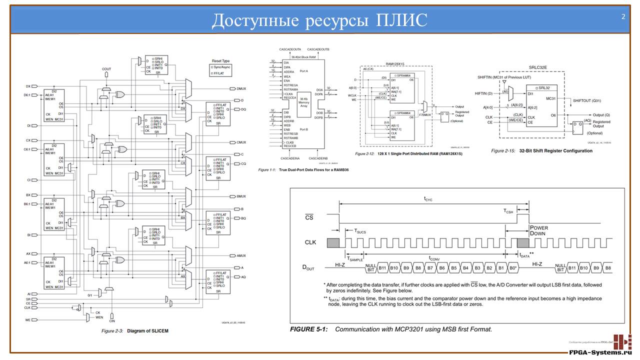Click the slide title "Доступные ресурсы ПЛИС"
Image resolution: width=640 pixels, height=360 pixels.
tap(319, 20)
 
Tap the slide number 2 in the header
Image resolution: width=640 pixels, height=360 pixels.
tap(623, 17)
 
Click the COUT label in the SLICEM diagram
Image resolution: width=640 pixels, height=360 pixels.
tap(106, 69)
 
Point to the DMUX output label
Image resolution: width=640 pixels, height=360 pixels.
tap(241, 88)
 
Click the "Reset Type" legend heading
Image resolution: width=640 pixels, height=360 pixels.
tap(221, 60)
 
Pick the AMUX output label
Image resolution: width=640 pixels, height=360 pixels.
tap(241, 255)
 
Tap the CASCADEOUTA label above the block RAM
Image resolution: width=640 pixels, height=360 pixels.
tap(290, 50)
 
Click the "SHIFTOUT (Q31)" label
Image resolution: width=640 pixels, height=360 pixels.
tap(590, 100)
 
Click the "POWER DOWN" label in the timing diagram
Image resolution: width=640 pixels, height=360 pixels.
tap(539, 231)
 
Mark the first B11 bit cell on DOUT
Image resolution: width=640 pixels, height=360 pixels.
tap(382, 268)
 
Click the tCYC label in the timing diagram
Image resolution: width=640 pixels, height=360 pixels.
tap(428, 198)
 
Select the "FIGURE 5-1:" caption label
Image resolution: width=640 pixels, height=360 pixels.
tap(309, 329)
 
